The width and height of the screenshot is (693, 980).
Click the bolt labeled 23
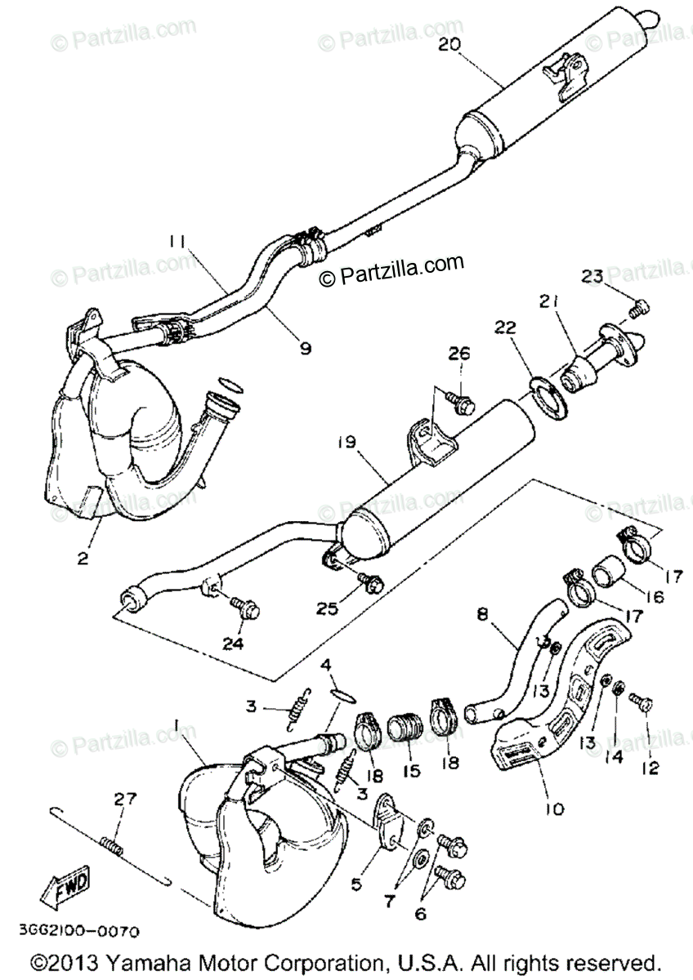point(641,308)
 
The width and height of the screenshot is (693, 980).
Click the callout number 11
point(178,242)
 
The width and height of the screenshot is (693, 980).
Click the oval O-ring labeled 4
point(344,695)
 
